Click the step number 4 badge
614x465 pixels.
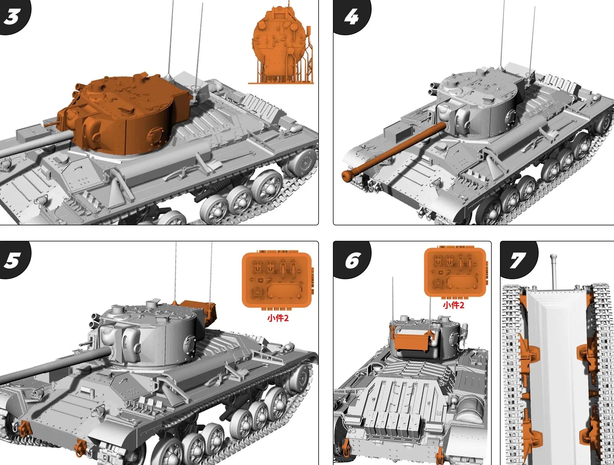352,17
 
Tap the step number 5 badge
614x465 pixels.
12,260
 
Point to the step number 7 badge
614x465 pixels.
518,260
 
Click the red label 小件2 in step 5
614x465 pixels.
278,318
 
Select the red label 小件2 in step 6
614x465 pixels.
454,305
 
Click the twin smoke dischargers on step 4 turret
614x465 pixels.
433,88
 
